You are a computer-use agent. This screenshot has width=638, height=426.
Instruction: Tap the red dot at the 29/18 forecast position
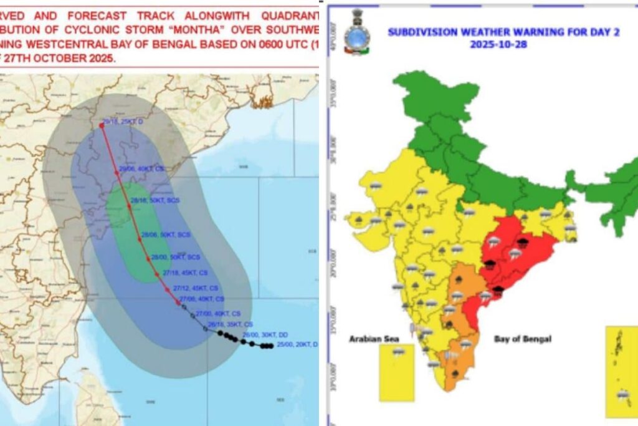click(102, 125)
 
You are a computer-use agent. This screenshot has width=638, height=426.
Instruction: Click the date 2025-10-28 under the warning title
click(503, 45)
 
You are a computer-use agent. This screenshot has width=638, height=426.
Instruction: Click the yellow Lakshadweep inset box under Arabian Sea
click(397, 372)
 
